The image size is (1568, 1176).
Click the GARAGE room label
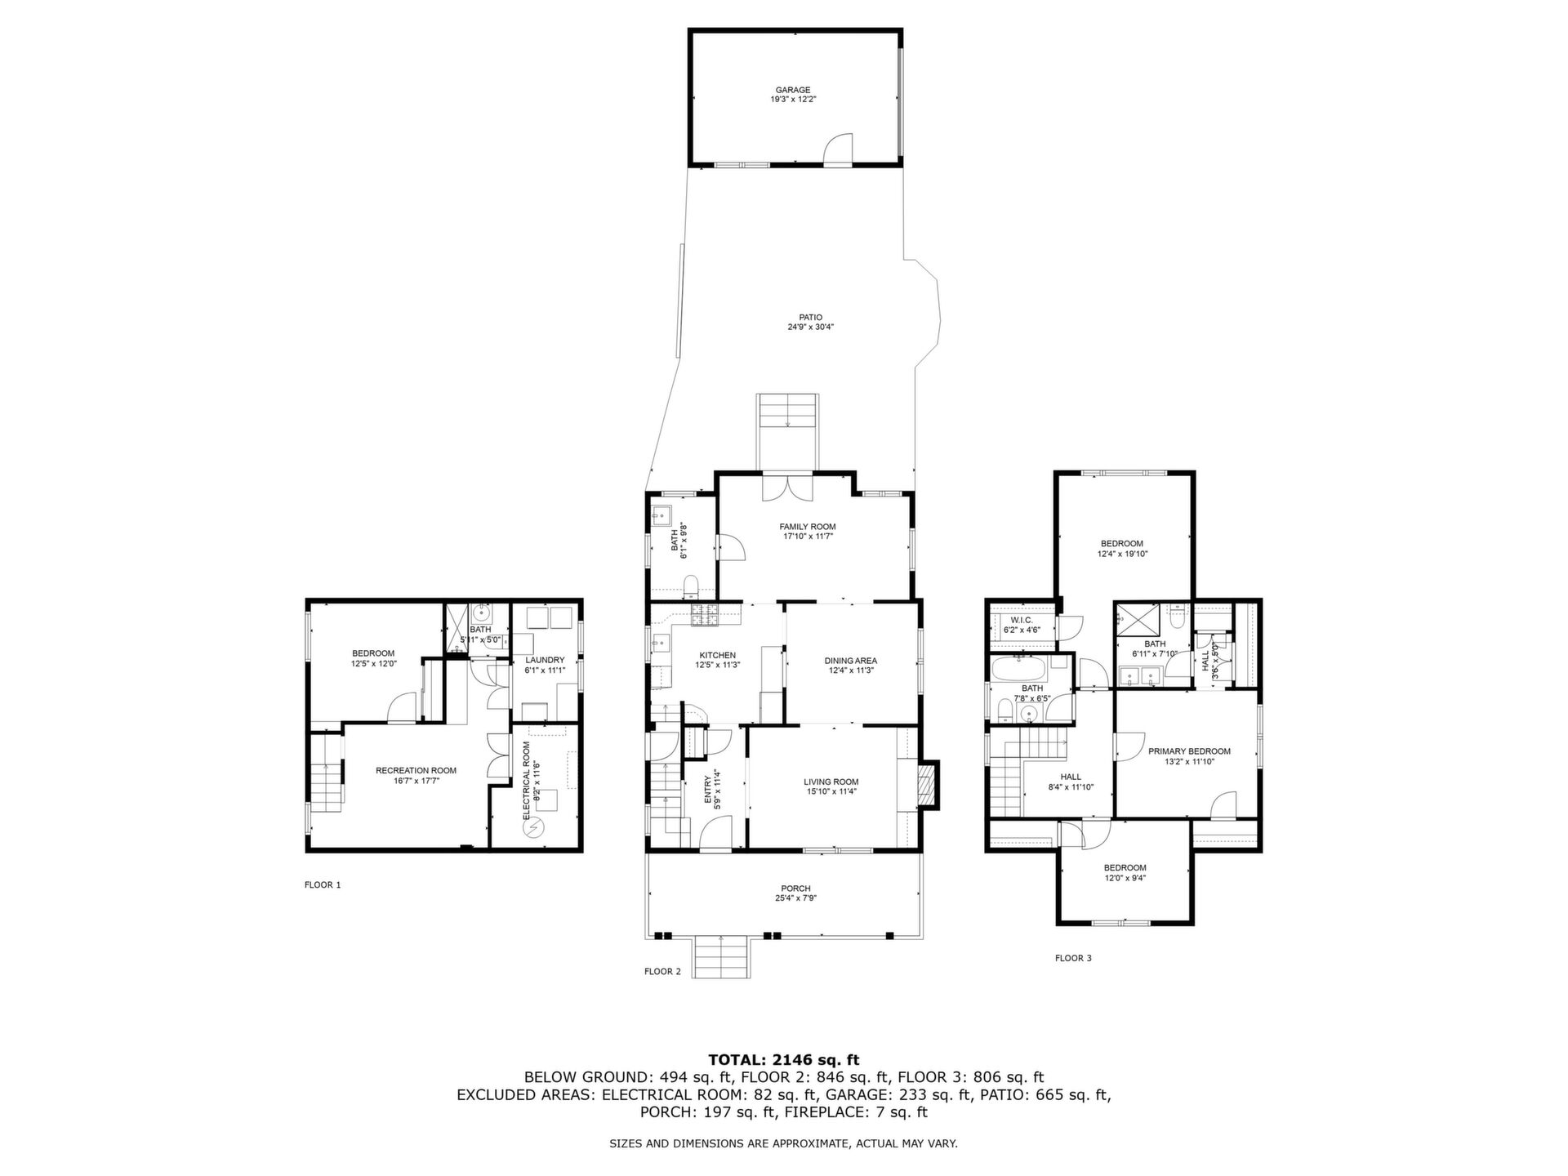(x=793, y=90)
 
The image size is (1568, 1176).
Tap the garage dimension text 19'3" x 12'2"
(x=793, y=100)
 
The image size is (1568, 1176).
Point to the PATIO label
(x=810, y=318)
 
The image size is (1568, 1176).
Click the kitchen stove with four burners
(x=704, y=616)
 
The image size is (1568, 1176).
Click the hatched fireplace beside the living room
(x=928, y=785)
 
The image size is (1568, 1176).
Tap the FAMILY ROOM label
(x=807, y=527)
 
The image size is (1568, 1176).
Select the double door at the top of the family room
(x=788, y=487)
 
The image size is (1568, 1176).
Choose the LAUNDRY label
(x=545, y=660)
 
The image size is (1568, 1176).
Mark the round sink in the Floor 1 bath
(x=483, y=612)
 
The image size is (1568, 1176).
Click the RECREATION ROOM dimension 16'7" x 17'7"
(x=416, y=781)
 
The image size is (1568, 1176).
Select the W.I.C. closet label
(x=1022, y=621)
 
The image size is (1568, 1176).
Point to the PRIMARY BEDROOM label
(x=1189, y=751)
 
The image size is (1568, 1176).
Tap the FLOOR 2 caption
(x=662, y=971)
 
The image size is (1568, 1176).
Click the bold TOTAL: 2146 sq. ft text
(x=783, y=1060)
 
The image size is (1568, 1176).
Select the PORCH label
(x=795, y=889)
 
